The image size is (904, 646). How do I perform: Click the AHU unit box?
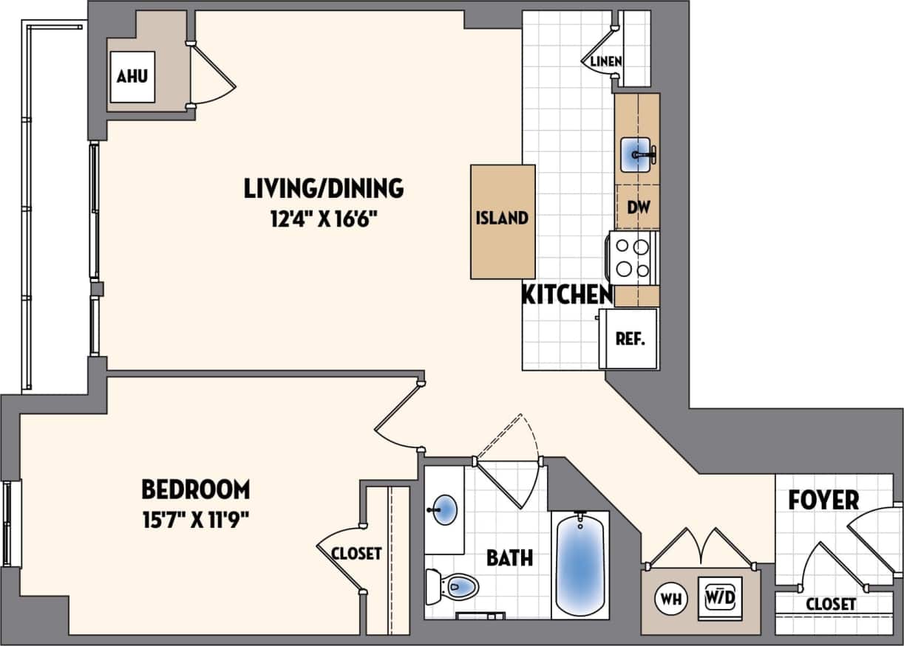(133, 76)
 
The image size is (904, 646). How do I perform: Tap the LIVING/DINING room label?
(324, 189)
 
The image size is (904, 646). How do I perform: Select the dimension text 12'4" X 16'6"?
(324, 219)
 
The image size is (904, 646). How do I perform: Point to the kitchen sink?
(636, 154)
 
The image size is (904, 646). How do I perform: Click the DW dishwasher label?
(638, 207)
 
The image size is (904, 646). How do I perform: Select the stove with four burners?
(633, 258)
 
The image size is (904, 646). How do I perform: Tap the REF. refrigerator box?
(630, 340)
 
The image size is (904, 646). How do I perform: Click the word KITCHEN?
(567, 295)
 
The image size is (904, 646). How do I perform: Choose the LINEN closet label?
(605, 61)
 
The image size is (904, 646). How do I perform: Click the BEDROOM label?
(195, 489)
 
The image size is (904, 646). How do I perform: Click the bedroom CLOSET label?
(356, 553)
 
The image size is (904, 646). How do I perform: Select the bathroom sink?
(444, 510)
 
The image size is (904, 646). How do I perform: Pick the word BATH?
(509, 557)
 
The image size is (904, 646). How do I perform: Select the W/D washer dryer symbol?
(719, 596)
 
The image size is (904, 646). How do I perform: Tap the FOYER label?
(823, 500)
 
